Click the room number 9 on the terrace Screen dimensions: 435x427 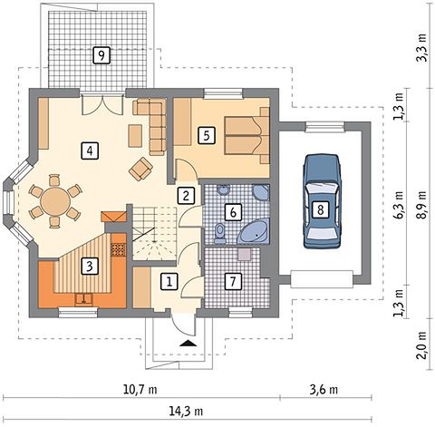(x=101, y=55)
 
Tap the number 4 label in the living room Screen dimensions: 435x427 (x=90, y=150)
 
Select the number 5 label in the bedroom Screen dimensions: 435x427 (x=207, y=135)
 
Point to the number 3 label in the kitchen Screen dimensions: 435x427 (x=90, y=266)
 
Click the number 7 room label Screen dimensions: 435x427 (x=233, y=282)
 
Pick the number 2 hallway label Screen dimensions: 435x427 (x=186, y=195)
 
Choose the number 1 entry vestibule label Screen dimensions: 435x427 (x=169, y=282)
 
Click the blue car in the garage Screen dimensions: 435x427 (x=322, y=201)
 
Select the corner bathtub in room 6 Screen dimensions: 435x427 (x=254, y=232)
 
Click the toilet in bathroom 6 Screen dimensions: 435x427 (x=220, y=234)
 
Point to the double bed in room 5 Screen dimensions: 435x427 (x=246, y=135)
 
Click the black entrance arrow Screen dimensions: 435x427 (x=188, y=343)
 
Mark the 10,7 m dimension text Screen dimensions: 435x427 (x=140, y=390)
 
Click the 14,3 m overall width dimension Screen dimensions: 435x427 (x=186, y=412)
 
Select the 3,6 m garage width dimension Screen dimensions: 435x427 (x=324, y=390)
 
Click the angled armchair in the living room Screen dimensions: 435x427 (x=140, y=169)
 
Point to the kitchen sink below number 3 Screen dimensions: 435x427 (x=83, y=299)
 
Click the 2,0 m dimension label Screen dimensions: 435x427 (x=421, y=345)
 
